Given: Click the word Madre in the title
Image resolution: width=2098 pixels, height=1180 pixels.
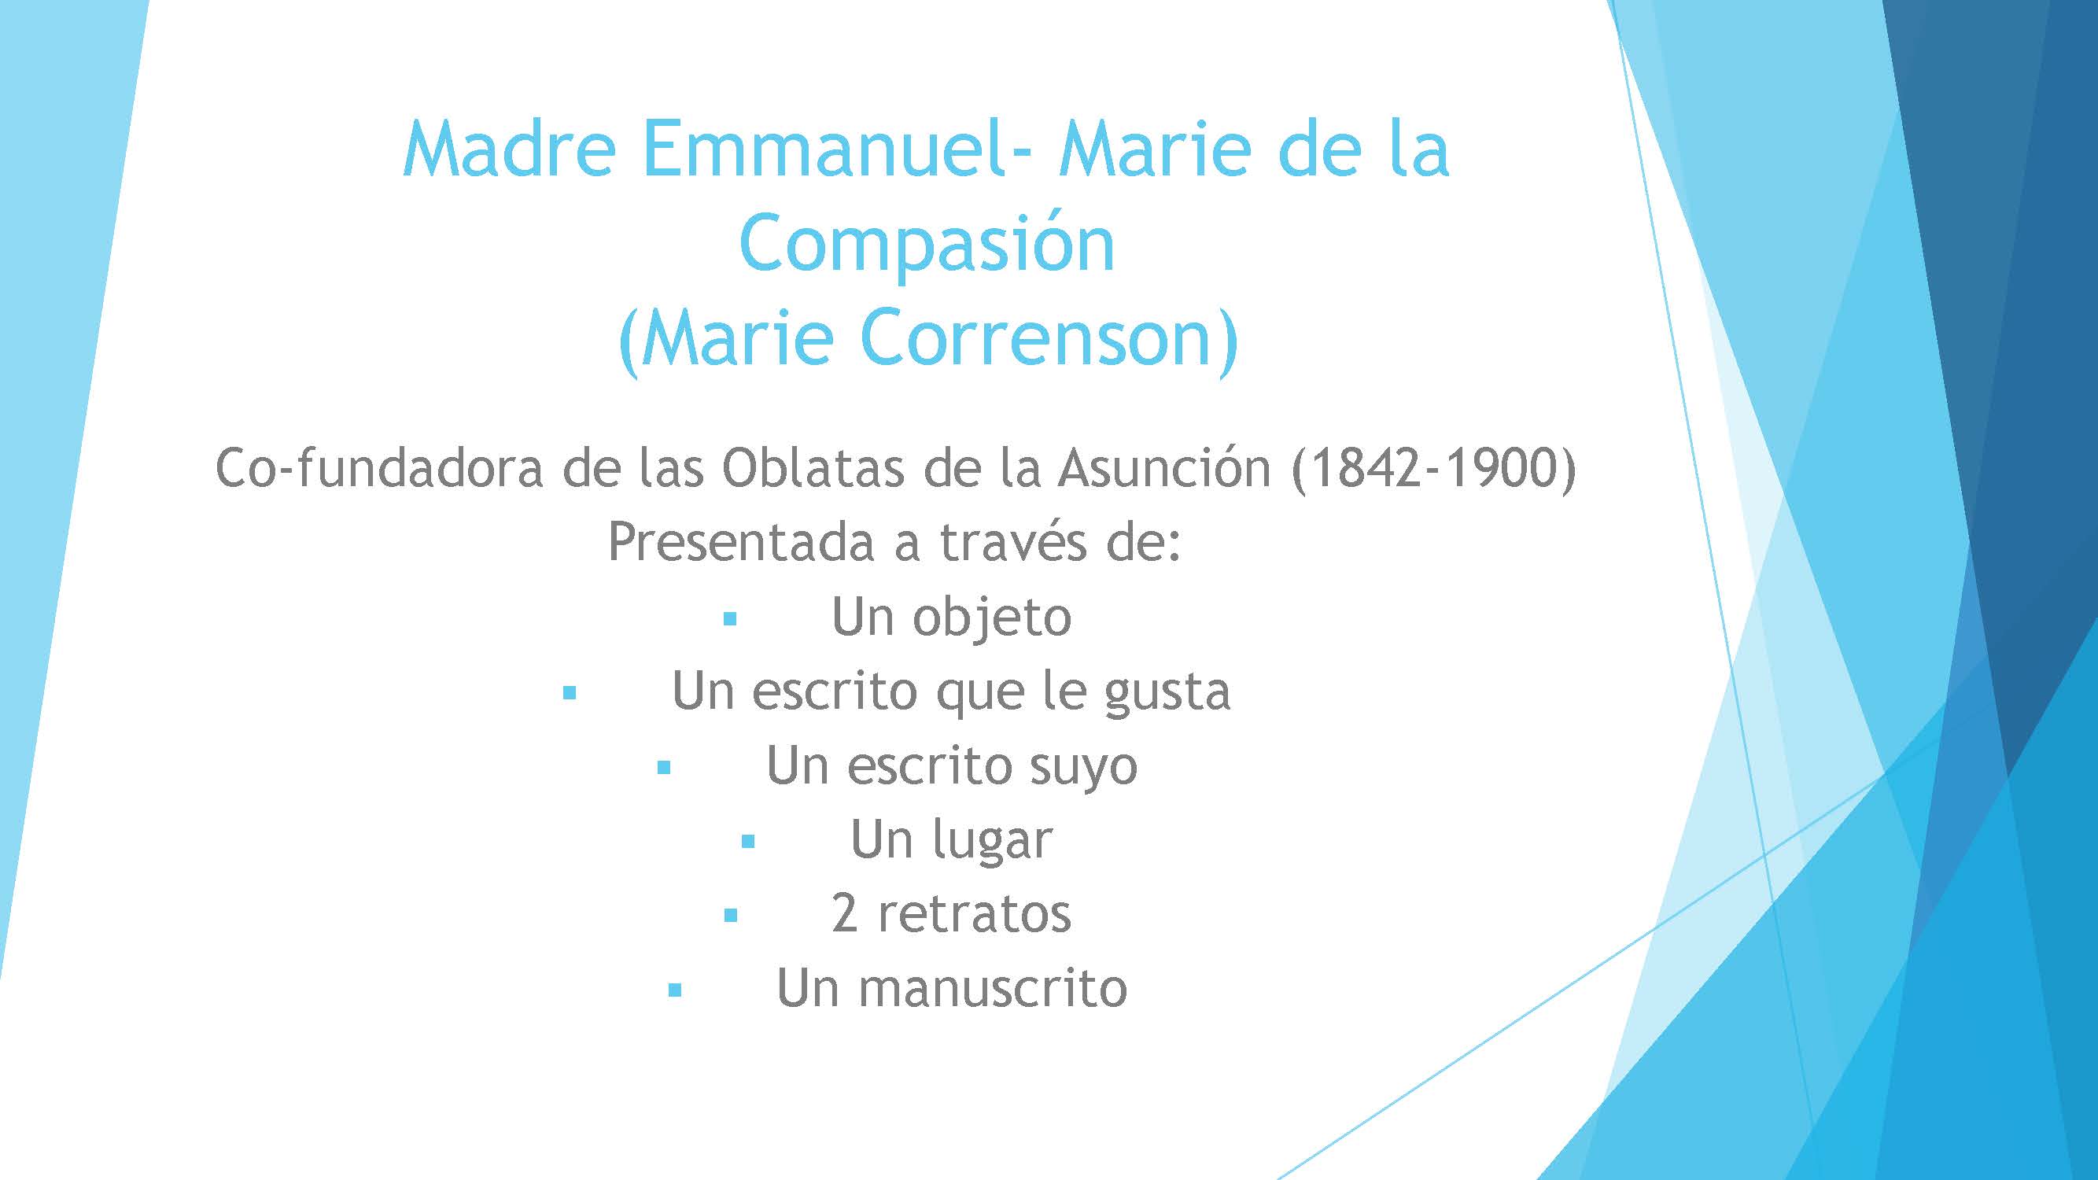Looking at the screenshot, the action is pos(509,149).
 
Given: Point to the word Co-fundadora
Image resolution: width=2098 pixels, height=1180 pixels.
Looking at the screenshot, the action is pos(378,468).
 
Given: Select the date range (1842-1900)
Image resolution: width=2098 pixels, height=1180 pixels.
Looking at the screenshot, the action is pos(1433,470).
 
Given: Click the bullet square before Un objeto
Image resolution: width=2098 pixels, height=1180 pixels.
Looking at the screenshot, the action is pos(730,619).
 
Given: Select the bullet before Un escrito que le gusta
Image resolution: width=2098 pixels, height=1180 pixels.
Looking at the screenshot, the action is pos(570,694).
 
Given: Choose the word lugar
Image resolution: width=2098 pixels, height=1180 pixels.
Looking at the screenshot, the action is pos(992,840).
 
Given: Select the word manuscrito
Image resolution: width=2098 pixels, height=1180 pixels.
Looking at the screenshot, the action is pos(992,989).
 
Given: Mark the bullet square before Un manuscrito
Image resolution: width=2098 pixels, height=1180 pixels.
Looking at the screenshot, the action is pos(674,990).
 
